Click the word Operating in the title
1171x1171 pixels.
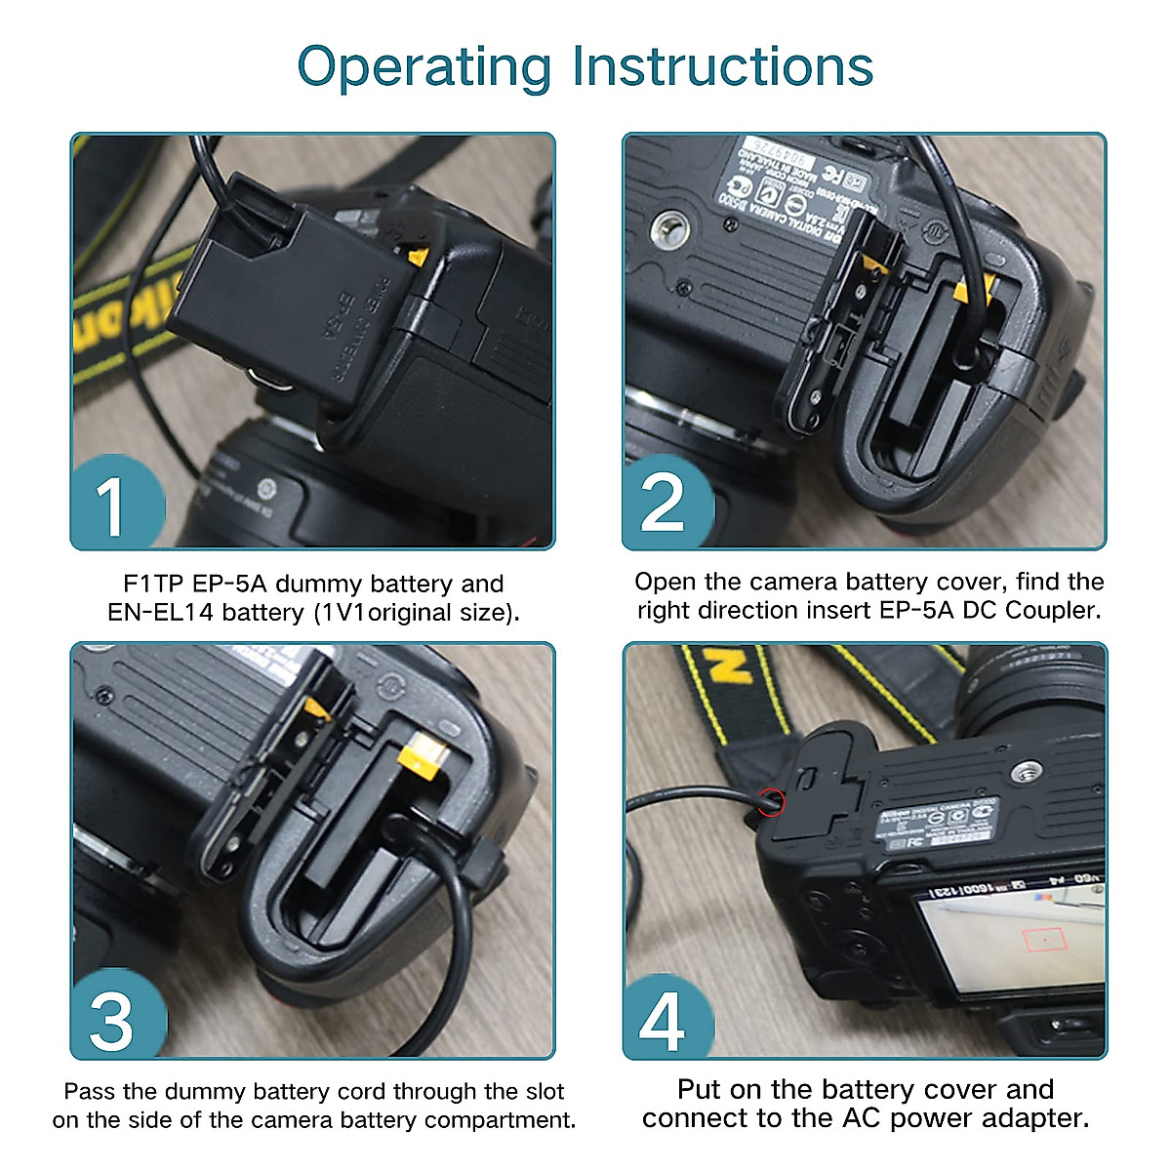424,68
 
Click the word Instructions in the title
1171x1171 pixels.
722,66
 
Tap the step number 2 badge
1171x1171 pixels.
663,505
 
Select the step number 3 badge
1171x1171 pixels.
111,1021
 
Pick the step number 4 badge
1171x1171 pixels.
663,1021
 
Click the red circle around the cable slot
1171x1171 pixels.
771,803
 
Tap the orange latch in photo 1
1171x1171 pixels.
418,257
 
